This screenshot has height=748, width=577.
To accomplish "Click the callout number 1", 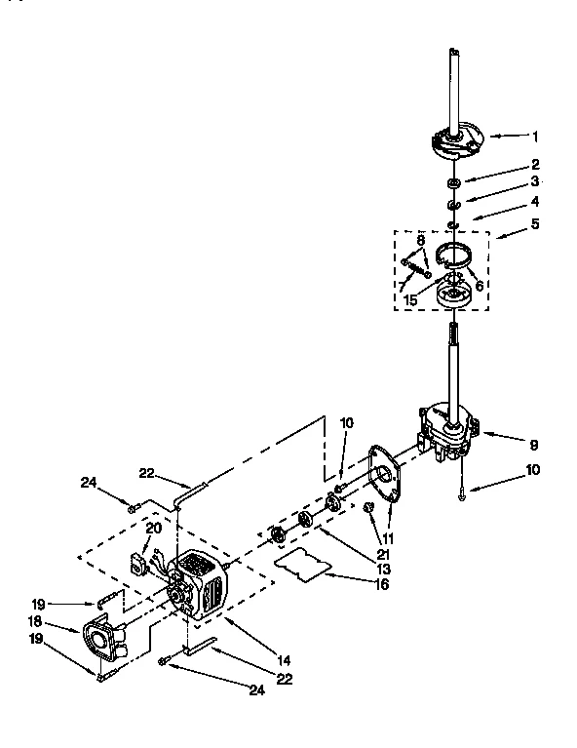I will [x=535, y=137].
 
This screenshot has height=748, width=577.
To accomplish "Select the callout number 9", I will [x=533, y=445].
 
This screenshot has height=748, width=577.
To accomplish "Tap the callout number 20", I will [x=153, y=528].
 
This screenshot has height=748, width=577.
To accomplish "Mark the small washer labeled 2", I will [x=454, y=183].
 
